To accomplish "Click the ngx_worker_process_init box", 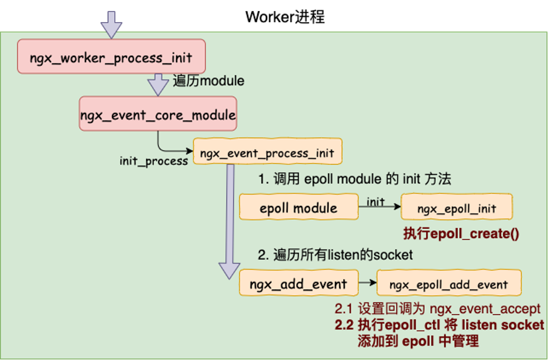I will (x=111, y=57).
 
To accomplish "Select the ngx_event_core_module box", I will (x=158, y=114).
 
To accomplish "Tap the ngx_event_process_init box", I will (x=267, y=153).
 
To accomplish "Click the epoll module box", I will (x=299, y=207).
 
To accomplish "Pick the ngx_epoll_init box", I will (x=457, y=207).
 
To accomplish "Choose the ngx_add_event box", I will (x=298, y=285).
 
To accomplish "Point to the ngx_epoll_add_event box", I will (x=448, y=285).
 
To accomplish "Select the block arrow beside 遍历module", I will (x=158, y=84).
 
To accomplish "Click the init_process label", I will (x=154, y=161).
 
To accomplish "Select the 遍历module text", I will (x=208, y=81).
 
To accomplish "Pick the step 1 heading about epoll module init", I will (x=354, y=179).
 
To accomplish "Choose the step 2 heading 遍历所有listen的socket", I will (x=335, y=255).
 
